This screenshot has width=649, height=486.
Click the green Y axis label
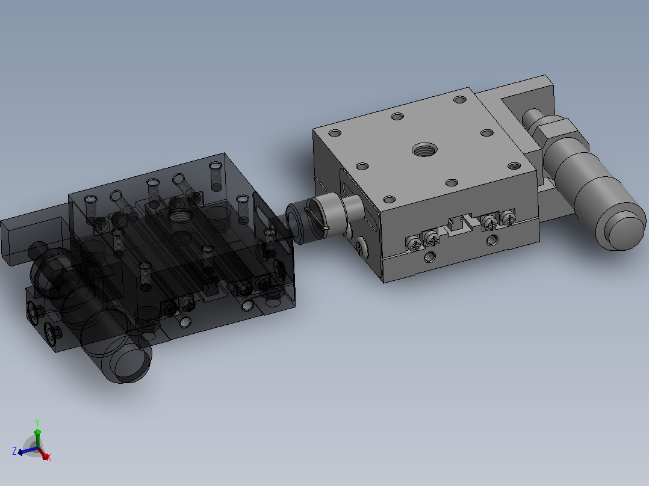click(x=37, y=422)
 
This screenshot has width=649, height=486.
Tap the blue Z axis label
click(x=14, y=451)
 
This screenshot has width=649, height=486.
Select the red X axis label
click(x=48, y=457)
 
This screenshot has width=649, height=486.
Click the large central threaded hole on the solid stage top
click(x=424, y=149)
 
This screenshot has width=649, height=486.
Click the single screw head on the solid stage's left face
click(x=359, y=247)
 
